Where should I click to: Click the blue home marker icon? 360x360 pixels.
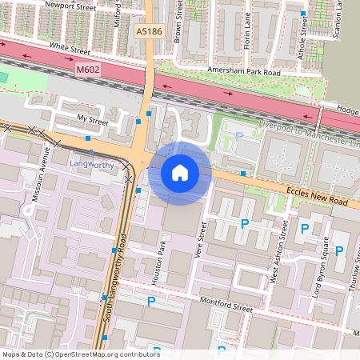click(180, 173)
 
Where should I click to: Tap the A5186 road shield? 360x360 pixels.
click(147, 31)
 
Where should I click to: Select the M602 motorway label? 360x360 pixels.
click(87, 70)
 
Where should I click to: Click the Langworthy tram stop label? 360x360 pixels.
click(92, 165)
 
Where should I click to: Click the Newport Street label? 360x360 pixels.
click(70, 5)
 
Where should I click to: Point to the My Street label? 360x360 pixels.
click(92, 119)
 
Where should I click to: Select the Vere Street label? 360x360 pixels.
click(202, 241)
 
